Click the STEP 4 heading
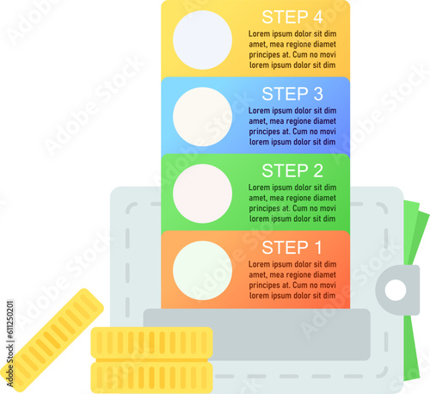[x=292, y=17]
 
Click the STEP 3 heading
[x=292, y=94]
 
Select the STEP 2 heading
[x=292, y=170]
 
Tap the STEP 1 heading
[x=292, y=248]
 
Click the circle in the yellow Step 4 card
[x=202, y=40]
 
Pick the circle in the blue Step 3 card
[x=202, y=117]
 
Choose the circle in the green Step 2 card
[x=202, y=194]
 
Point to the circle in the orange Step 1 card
[x=202, y=270]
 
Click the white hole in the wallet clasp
[x=396, y=290]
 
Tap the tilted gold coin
[x=52, y=340]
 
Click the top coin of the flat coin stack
[x=151, y=343]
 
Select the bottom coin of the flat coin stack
[x=151, y=377]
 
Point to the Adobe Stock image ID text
[x=10, y=343]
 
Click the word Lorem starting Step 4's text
[x=260, y=34]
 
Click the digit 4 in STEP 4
[x=318, y=17]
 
